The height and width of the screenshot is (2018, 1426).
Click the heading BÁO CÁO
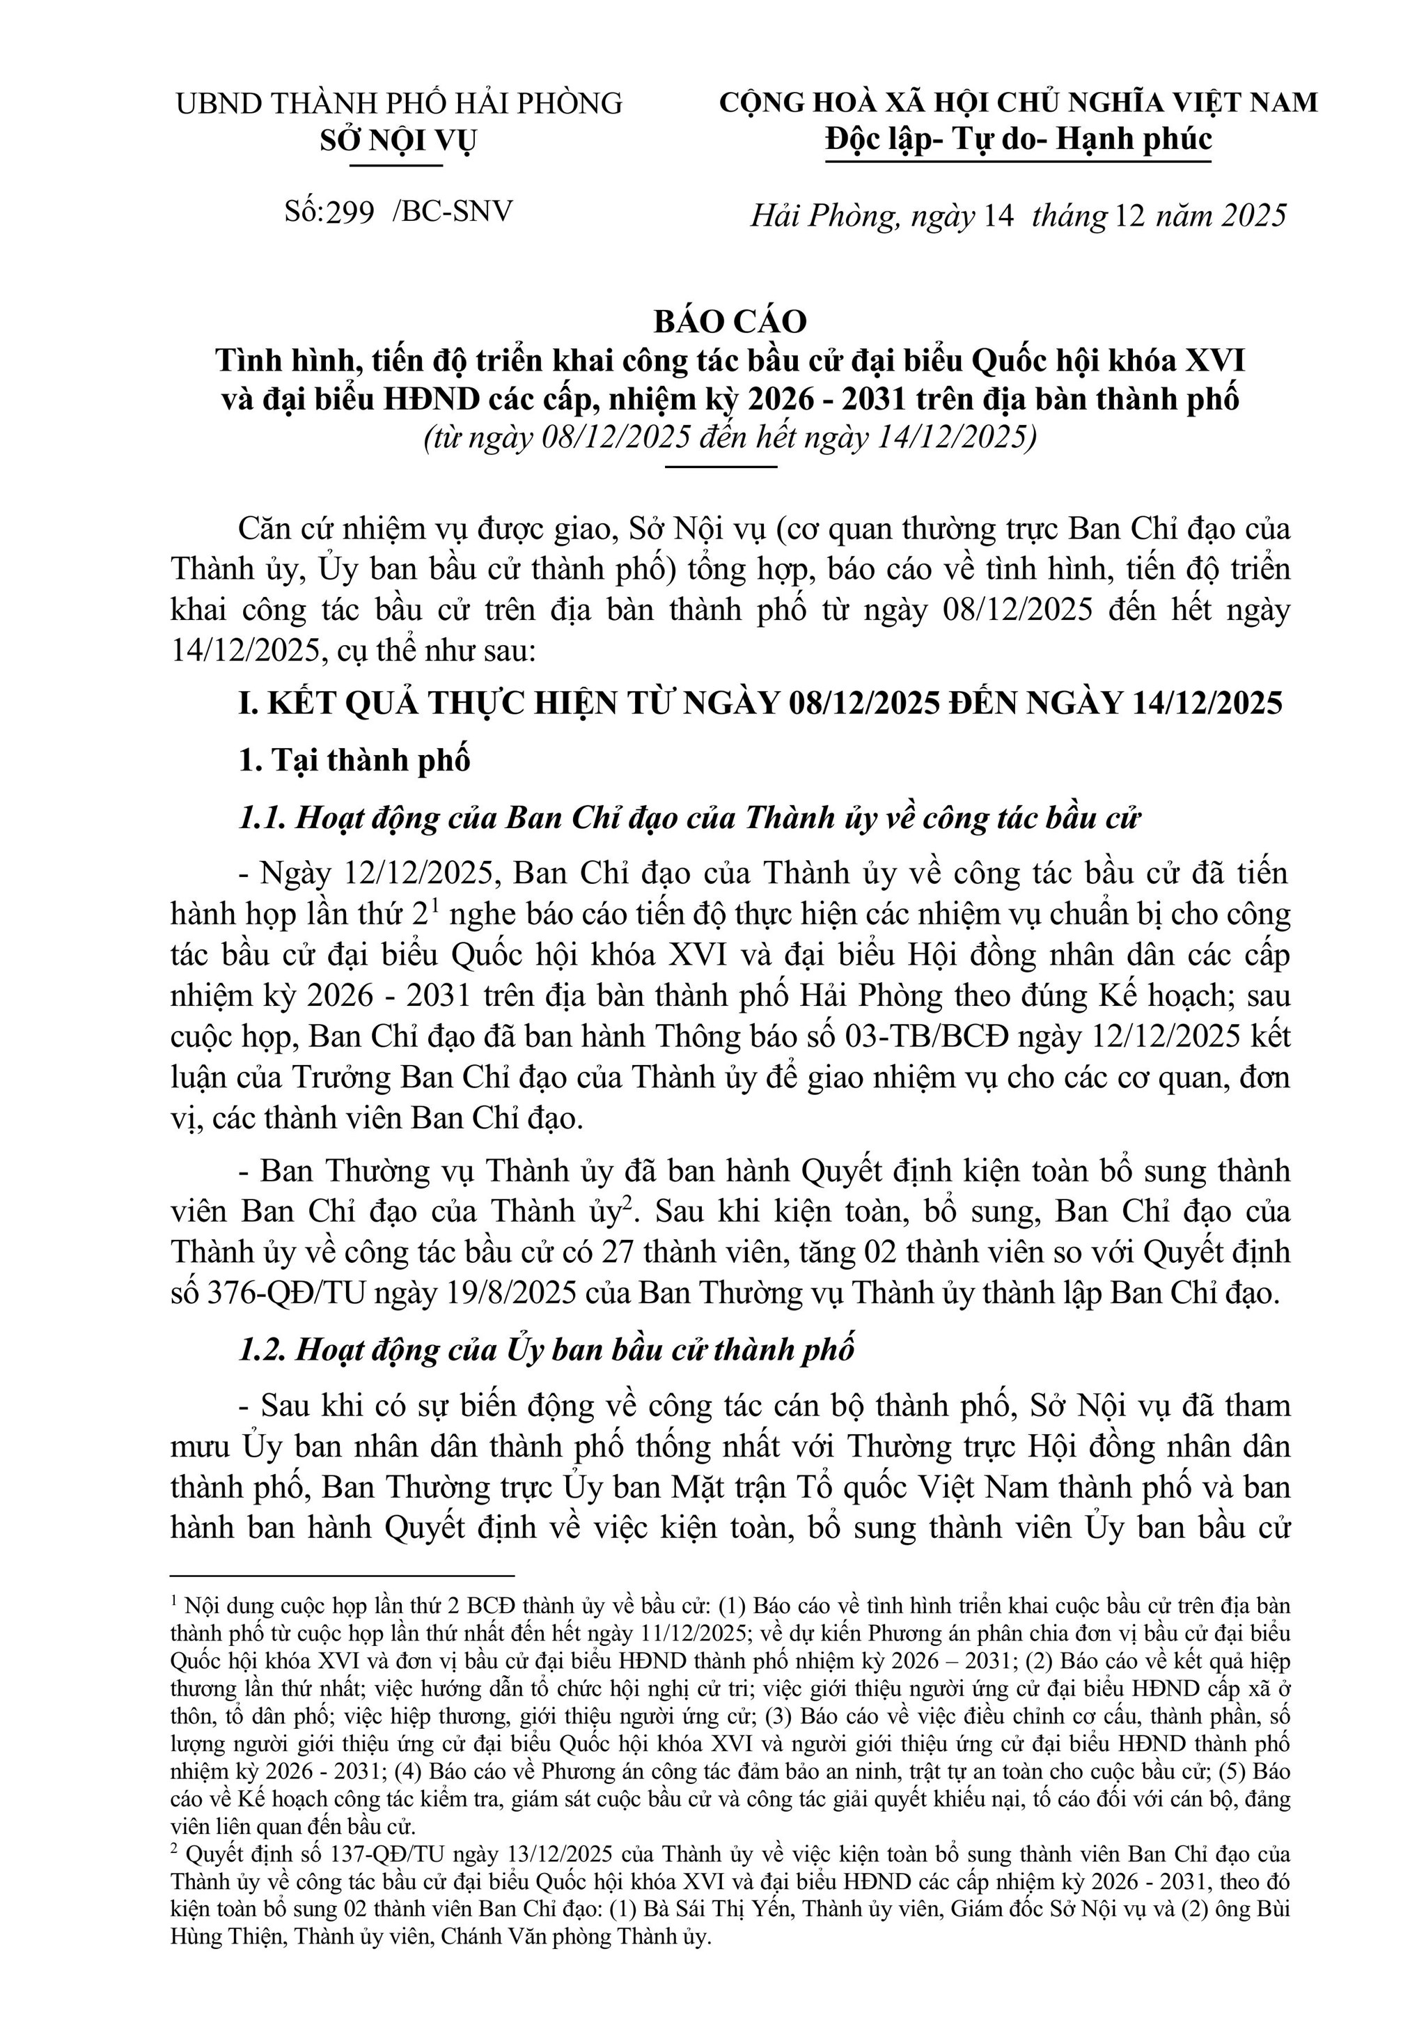[730, 322]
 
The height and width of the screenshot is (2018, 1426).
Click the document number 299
[350, 212]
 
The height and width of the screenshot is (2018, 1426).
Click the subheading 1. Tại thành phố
[354, 760]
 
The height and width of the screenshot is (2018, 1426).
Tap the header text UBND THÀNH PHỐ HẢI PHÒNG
[399, 104]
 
